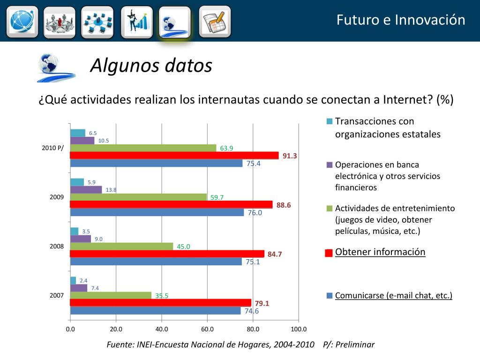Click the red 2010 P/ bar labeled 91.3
(x=174, y=156)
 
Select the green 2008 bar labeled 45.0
(x=121, y=246)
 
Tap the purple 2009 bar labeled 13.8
(x=86, y=189)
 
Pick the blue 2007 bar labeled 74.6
(x=155, y=310)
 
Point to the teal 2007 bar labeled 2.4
(x=73, y=280)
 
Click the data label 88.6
(x=284, y=205)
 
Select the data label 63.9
(x=226, y=148)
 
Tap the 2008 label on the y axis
(x=57, y=246)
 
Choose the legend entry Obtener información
(x=380, y=252)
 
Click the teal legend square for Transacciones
(x=329, y=122)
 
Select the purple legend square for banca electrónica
(x=329, y=165)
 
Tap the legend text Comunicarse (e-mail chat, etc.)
(x=393, y=295)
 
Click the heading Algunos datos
(x=151, y=66)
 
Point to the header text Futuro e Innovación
(x=401, y=20)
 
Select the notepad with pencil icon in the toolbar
(x=214, y=22)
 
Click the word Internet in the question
(x=407, y=100)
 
